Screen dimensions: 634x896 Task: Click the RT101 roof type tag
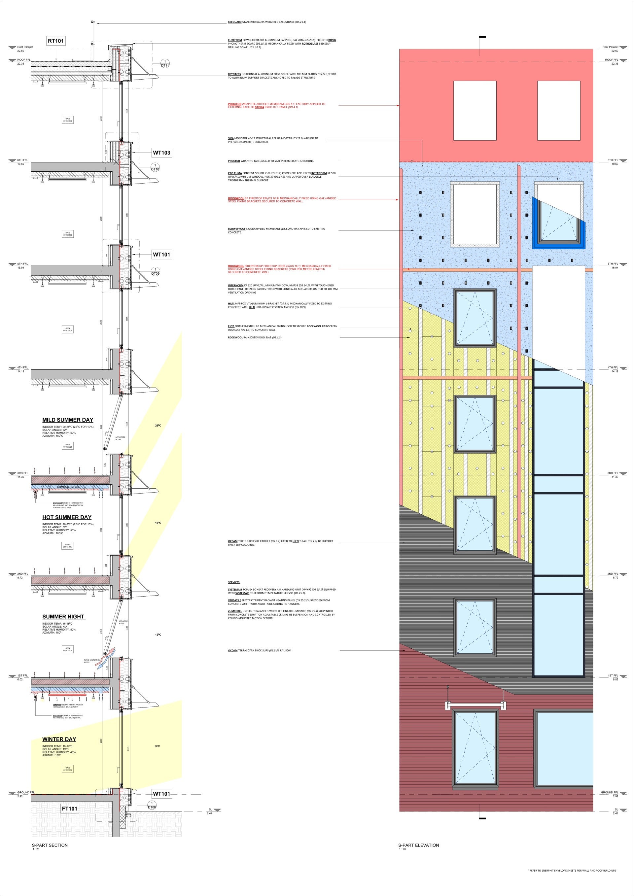[x=56, y=41]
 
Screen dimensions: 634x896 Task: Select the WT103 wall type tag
[x=161, y=153]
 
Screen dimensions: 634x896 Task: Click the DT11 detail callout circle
[x=165, y=64]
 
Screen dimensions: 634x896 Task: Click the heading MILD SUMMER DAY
[x=68, y=420]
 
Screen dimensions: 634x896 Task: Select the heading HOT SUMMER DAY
[x=67, y=517]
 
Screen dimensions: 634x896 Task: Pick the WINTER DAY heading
[x=59, y=739]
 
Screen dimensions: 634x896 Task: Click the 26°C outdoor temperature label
[x=158, y=425]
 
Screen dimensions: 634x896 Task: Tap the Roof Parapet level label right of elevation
[x=610, y=47]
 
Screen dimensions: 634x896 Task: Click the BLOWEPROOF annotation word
[x=236, y=229]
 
